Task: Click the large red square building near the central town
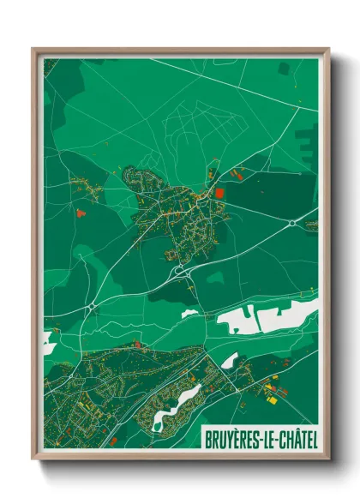point(219,194)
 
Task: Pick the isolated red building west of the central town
point(81,212)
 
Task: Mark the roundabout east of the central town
point(291,223)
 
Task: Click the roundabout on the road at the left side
point(90,305)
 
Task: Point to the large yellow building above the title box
point(273,399)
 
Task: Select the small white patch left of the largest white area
point(189,313)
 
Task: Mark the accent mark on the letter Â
point(291,429)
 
